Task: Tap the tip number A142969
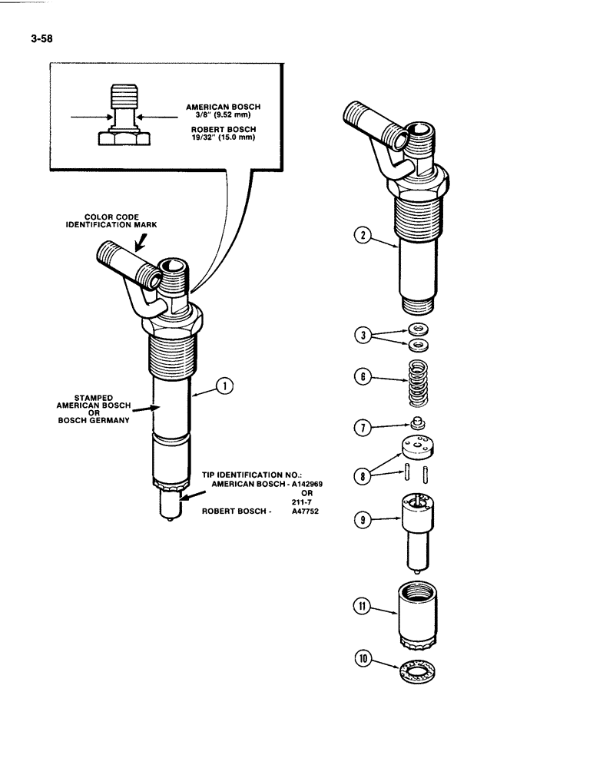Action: pyautogui.click(x=294, y=484)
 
